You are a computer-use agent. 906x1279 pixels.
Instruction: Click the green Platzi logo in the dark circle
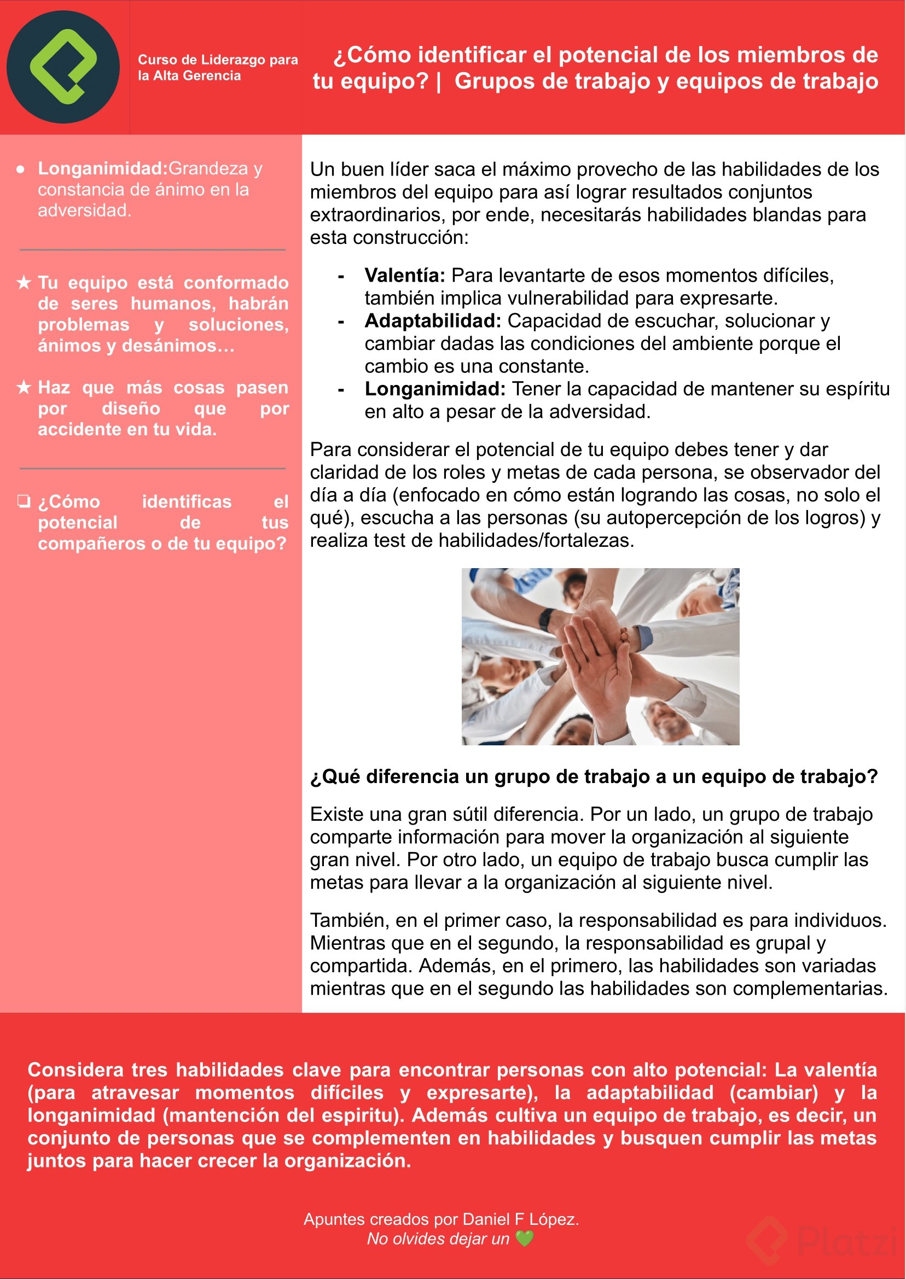[63, 67]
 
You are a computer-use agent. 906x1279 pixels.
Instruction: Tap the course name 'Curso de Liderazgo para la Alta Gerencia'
[218, 67]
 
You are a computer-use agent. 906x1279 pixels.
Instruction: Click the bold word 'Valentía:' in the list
[404, 276]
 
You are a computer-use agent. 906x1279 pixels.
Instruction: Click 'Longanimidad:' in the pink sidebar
[103, 168]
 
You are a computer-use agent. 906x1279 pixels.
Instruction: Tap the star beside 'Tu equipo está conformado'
[24, 283]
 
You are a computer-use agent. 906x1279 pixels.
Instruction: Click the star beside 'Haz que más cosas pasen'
[24, 387]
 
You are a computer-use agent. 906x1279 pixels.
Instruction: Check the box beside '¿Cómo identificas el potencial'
[24, 501]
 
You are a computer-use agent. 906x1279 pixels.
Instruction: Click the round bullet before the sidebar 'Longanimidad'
[21, 170]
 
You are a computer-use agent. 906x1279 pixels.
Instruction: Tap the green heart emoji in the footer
[525, 1239]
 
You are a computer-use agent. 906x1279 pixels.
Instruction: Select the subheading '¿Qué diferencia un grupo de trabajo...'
[594, 776]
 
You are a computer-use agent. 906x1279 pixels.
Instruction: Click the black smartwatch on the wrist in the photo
[546, 620]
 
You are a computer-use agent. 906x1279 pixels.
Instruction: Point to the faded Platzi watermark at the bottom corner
[820, 1240]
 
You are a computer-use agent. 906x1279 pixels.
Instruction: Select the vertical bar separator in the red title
[440, 82]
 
